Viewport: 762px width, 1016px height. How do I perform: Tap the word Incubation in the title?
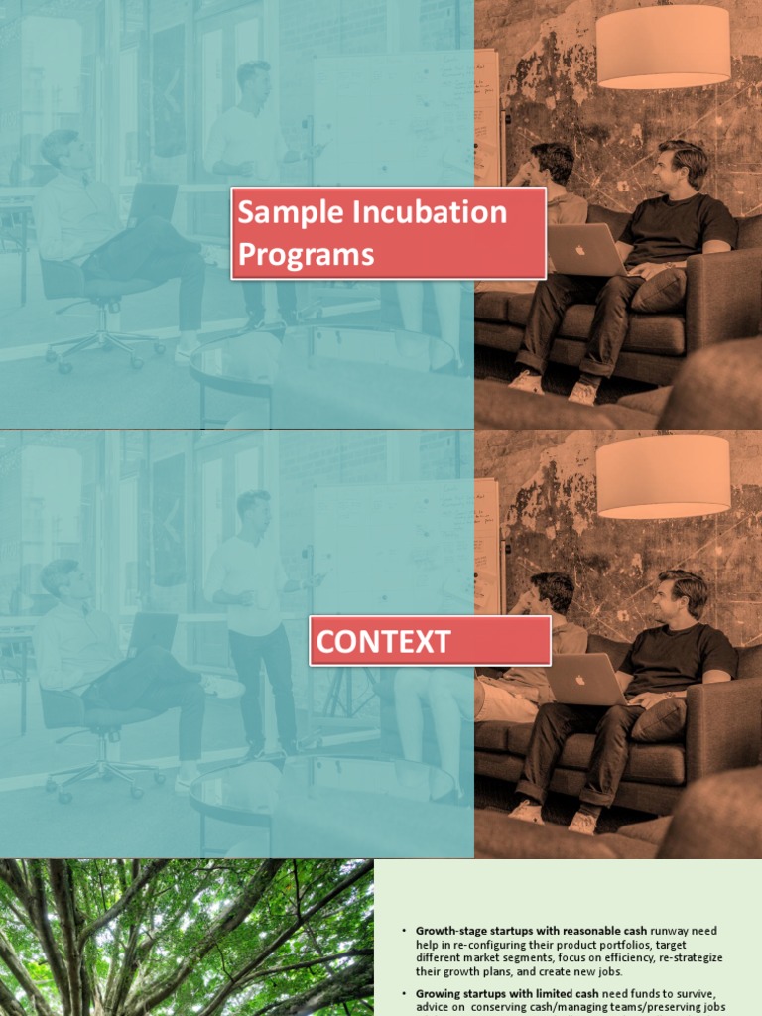click(x=425, y=212)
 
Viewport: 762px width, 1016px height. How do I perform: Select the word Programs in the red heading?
click(x=306, y=255)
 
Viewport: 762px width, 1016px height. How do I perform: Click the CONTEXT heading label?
click(x=383, y=642)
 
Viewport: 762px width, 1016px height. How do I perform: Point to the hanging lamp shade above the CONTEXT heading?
click(x=663, y=475)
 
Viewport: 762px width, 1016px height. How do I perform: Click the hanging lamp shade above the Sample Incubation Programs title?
click(x=663, y=46)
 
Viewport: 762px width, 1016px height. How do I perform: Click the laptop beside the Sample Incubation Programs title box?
click(x=586, y=249)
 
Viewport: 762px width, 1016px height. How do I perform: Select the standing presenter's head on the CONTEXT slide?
click(x=254, y=509)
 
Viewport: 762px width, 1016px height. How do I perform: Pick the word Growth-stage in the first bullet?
click(x=448, y=931)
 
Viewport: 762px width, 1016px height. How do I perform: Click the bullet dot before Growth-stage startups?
click(x=405, y=931)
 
